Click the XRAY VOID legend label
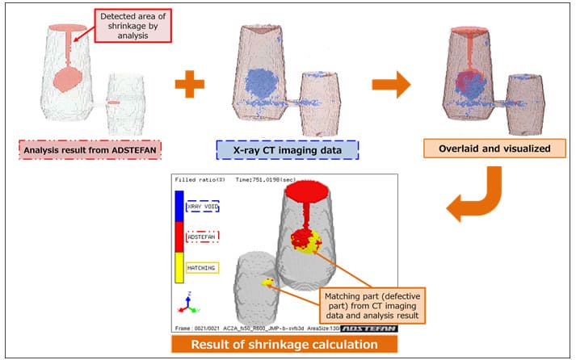(x=202, y=207)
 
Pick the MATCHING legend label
(x=202, y=266)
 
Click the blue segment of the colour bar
(x=179, y=207)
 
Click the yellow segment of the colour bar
(x=179, y=266)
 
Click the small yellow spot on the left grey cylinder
(x=267, y=282)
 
